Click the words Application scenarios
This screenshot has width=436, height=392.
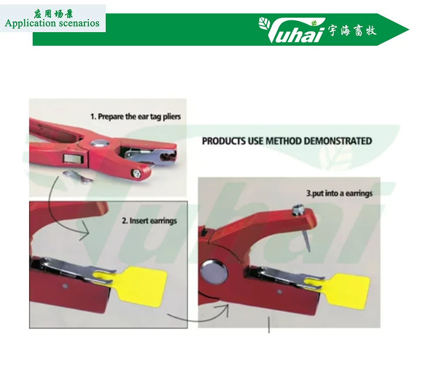(52, 23)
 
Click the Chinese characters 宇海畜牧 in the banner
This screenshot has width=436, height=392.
(352, 30)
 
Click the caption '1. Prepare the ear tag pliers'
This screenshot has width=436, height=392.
(135, 116)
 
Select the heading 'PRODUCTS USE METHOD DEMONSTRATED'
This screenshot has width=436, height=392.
(286, 141)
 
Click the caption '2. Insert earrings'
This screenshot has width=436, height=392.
(149, 221)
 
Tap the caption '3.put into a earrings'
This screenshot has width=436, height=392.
(339, 193)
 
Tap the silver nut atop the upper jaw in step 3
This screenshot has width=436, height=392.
(297, 211)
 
